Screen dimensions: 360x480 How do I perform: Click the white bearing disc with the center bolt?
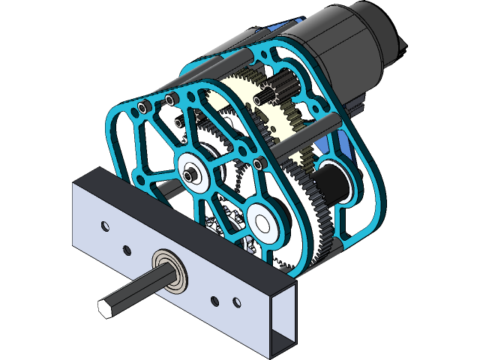click(195, 172)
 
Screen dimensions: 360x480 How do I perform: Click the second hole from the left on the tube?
click(127, 248)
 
